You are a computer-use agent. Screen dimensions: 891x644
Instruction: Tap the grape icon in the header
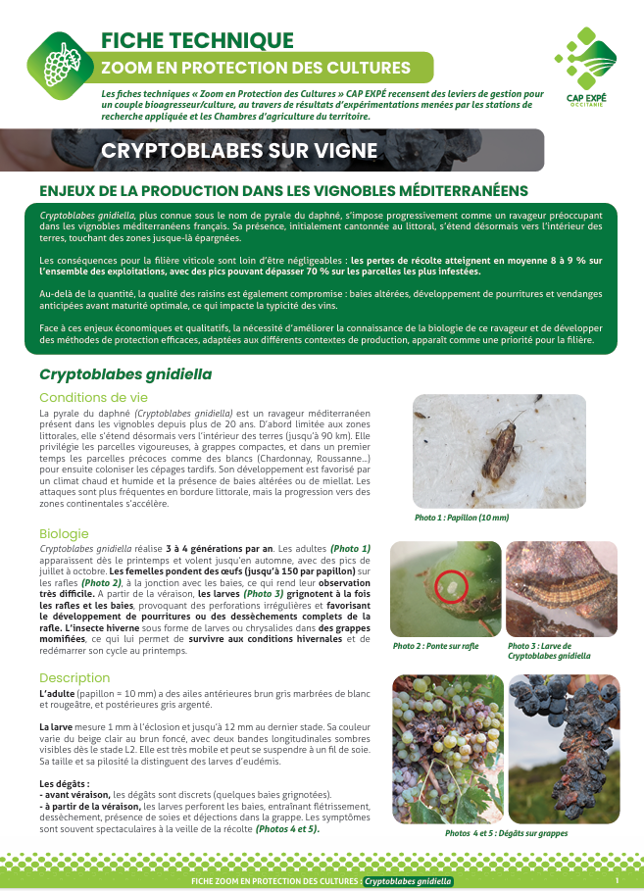(x=63, y=63)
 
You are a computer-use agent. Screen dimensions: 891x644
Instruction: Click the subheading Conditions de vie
(x=93, y=397)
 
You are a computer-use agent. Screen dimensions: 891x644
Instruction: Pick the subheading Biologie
(x=64, y=533)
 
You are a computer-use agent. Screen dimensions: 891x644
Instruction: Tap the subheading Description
(x=74, y=677)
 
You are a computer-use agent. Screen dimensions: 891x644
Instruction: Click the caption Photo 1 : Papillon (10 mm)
(x=463, y=517)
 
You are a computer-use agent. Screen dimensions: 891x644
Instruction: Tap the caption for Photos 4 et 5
(x=505, y=833)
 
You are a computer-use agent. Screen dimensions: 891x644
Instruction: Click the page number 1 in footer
(x=617, y=881)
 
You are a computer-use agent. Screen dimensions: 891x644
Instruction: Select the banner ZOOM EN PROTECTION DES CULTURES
(x=258, y=68)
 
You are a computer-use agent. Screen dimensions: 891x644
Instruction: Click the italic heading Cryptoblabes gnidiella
(x=125, y=374)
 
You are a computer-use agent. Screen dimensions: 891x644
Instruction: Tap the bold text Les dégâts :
(x=65, y=783)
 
